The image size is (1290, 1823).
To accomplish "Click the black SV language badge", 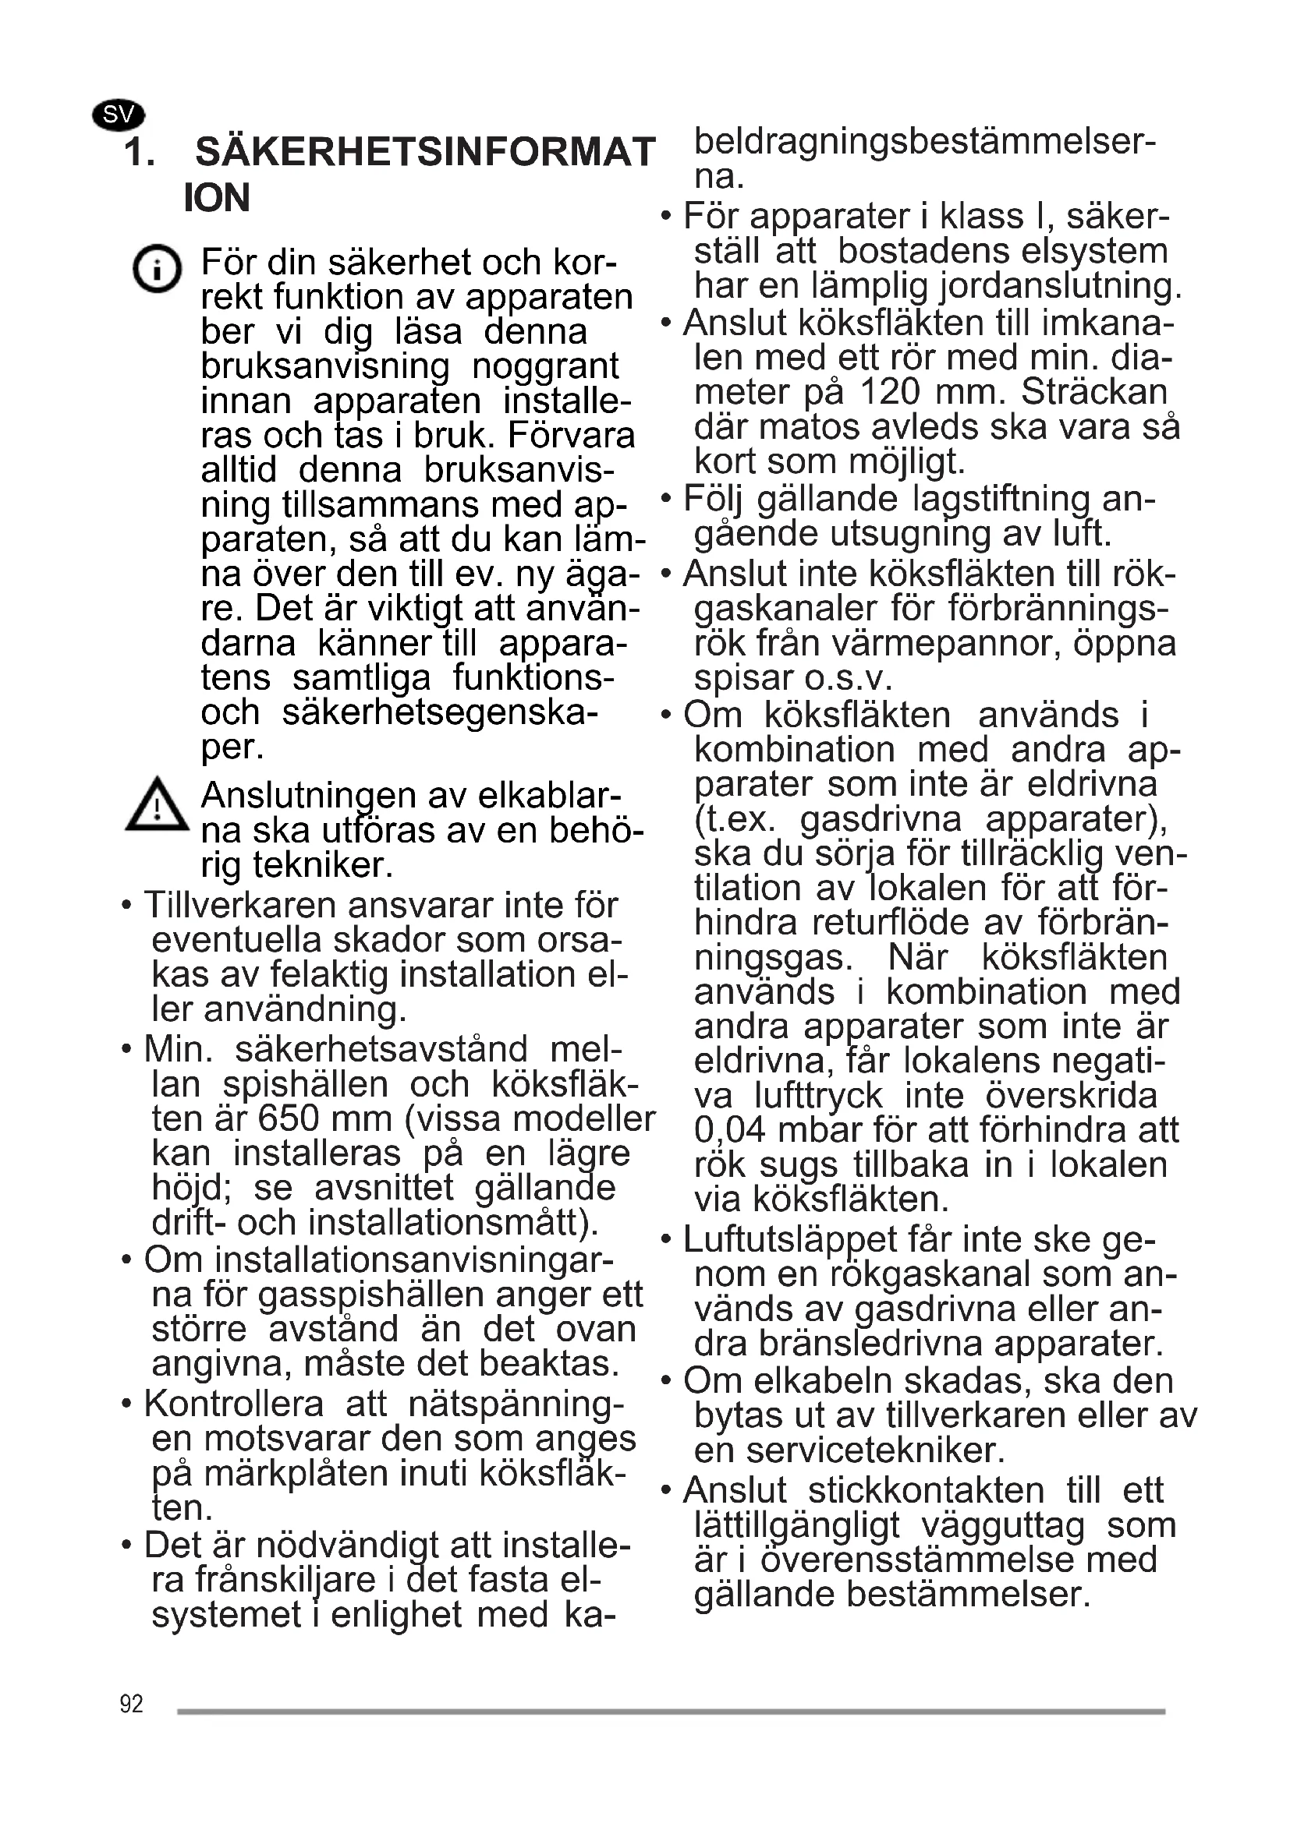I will point(119,115).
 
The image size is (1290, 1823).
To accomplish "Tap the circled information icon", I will point(157,268).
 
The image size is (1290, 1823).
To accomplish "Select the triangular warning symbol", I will point(158,805).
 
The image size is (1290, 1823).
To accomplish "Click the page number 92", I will point(131,1704).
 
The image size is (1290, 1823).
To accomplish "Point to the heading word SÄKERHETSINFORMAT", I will point(425,153).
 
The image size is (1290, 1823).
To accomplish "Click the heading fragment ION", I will point(216,198).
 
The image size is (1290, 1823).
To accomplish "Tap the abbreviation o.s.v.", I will point(849,679).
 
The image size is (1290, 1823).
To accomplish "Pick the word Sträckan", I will point(1093,392).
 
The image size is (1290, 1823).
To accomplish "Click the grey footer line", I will point(671,1712).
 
